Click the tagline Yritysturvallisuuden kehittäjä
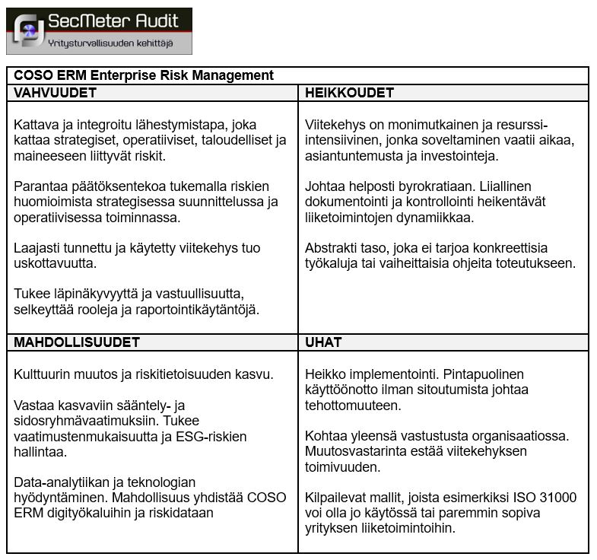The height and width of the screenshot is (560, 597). (x=110, y=43)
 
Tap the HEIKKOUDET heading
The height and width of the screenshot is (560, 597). (x=349, y=93)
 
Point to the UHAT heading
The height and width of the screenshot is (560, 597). (x=323, y=342)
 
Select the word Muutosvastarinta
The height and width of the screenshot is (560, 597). (x=354, y=451)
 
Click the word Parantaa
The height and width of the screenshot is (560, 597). (x=39, y=186)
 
